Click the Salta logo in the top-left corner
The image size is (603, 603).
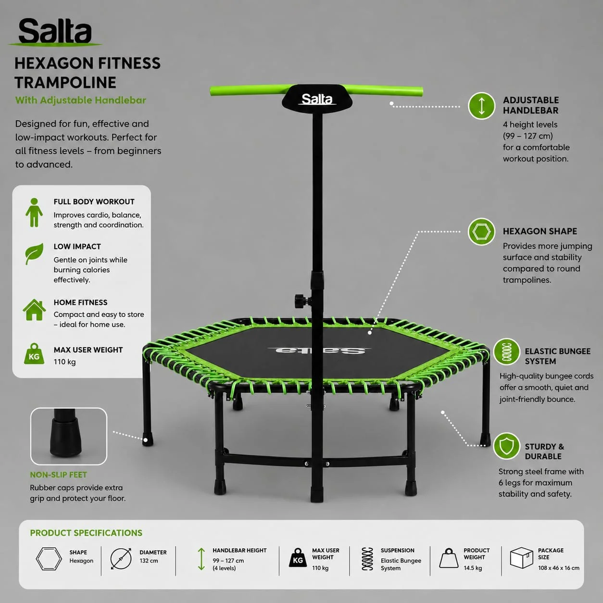point(55,32)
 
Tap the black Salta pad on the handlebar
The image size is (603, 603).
point(317,98)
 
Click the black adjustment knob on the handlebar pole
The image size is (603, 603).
point(301,301)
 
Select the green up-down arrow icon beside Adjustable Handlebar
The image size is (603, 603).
point(481,105)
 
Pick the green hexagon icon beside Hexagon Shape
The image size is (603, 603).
point(481,232)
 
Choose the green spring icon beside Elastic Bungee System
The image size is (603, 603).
point(506,352)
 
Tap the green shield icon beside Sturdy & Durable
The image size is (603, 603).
point(506,446)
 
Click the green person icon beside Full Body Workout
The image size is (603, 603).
point(34,212)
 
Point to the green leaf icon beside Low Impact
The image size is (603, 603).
point(34,254)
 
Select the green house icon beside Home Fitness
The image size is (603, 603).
point(34,310)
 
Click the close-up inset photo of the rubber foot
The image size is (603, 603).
point(69,436)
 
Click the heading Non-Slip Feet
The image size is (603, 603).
point(59,475)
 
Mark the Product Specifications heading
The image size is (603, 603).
point(86,533)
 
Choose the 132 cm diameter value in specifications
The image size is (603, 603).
point(149,561)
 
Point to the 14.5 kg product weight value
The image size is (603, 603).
point(473,568)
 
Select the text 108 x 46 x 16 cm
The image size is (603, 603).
point(559,568)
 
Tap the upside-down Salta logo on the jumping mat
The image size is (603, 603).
point(319,351)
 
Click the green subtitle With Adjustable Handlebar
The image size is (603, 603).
point(81,100)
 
